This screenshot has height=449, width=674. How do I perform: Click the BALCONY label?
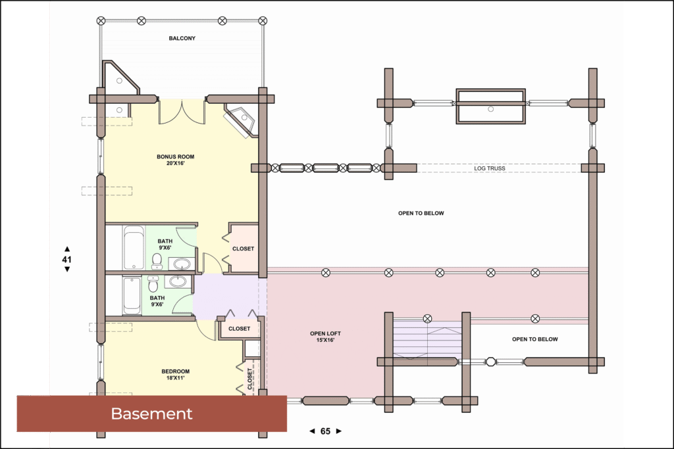(x=182, y=38)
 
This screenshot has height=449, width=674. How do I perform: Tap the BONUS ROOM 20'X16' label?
(x=175, y=160)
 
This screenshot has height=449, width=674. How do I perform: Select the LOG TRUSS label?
(x=490, y=168)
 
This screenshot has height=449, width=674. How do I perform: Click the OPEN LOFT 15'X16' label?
(x=325, y=337)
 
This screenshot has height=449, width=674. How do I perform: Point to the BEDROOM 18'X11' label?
(x=175, y=374)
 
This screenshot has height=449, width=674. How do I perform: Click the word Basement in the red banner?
(x=152, y=414)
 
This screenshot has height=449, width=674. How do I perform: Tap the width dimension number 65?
(x=325, y=431)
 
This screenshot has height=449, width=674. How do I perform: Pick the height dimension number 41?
(x=66, y=259)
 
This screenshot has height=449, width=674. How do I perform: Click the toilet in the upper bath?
(x=157, y=261)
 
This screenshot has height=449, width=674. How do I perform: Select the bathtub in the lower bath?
(x=132, y=296)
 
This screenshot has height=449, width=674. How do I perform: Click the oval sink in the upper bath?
(x=182, y=263)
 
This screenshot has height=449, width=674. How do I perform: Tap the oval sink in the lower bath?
(x=178, y=281)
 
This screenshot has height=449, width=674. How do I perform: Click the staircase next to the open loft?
(x=427, y=339)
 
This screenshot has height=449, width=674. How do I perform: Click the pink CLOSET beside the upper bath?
(x=244, y=248)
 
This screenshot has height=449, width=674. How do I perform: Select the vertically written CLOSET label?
(x=249, y=379)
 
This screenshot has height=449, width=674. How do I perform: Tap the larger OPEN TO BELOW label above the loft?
(x=421, y=213)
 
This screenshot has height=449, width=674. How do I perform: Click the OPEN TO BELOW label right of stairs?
(x=534, y=339)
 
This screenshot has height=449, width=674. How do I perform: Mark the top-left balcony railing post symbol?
(x=101, y=20)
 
